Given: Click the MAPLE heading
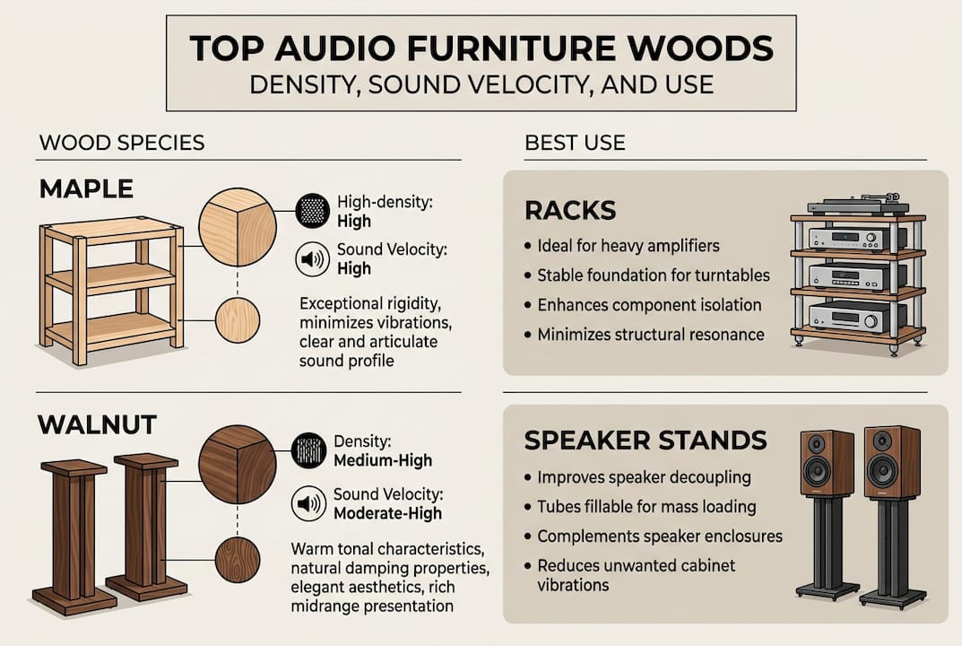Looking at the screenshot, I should (86, 188).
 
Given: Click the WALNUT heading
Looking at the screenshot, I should (98, 424).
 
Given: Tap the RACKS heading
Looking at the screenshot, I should (569, 211).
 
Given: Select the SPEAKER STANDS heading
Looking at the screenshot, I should (646, 441).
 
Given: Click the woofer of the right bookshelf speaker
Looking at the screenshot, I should (882, 469).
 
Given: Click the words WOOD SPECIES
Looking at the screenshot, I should (122, 143).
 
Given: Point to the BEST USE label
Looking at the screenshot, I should (575, 143).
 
